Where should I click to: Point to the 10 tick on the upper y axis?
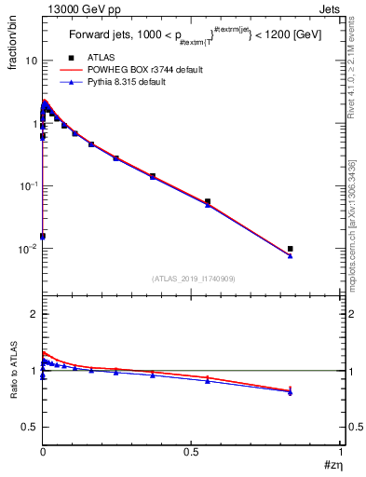coord(31,61)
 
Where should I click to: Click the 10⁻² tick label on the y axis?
coord(28,249)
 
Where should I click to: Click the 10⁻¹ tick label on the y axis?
coord(28,186)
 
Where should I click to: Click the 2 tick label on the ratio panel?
coord(34,315)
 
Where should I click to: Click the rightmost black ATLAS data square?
coord(291,249)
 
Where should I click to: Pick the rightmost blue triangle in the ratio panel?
coord(291,392)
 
